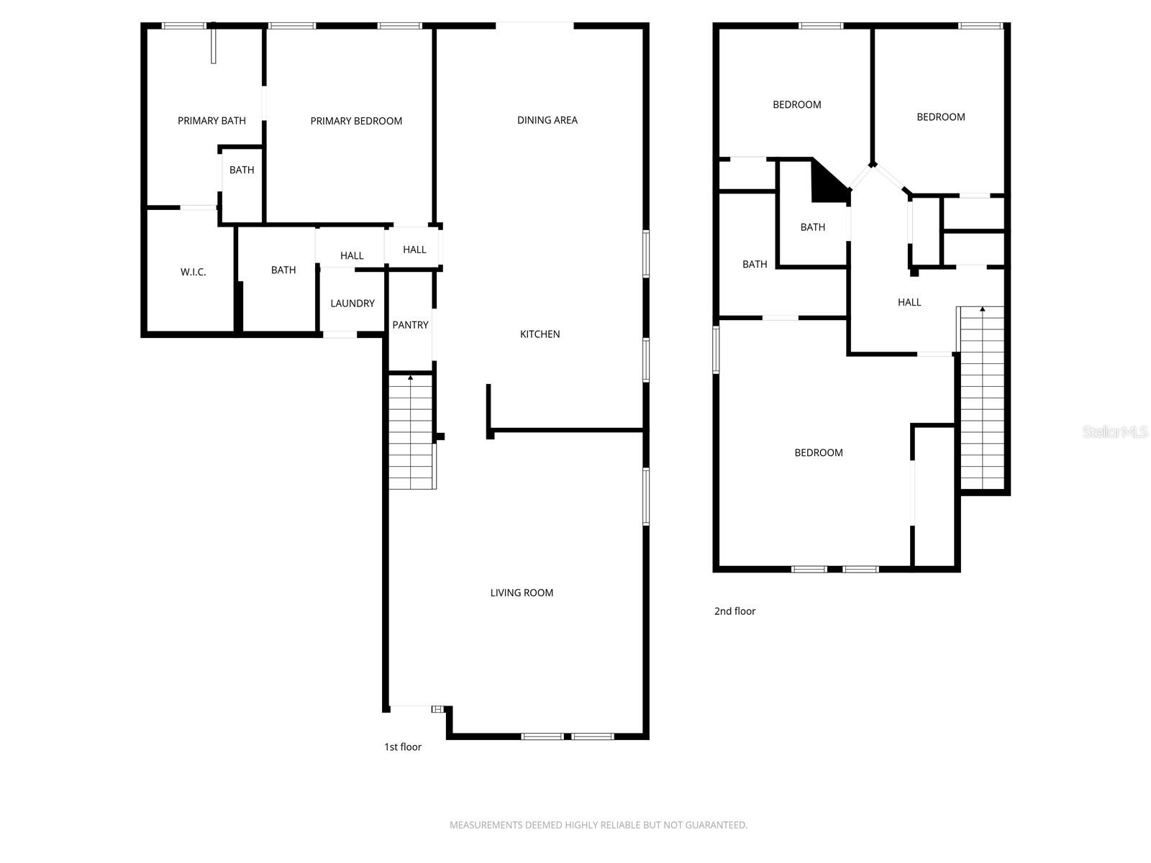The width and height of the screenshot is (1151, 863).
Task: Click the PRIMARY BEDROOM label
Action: point(356,121)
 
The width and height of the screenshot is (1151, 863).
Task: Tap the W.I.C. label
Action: point(193,272)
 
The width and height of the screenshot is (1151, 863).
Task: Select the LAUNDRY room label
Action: point(352,303)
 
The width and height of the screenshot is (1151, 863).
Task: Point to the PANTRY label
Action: point(410,325)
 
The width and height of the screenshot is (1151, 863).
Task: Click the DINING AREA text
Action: point(547,120)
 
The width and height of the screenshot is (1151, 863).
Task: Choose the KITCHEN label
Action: point(540,334)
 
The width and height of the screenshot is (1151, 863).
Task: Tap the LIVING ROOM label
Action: point(522,593)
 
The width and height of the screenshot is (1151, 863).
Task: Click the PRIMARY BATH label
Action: point(211,121)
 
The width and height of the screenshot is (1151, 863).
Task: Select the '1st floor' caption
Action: point(403,746)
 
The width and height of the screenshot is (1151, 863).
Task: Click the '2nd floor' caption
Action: point(734,611)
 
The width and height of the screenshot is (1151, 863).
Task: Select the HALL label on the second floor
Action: point(909,302)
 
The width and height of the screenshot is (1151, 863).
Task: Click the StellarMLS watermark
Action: point(1115,432)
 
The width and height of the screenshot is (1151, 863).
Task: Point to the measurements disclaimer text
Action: point(599,825)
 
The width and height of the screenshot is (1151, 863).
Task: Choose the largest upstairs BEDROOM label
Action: point(819,452)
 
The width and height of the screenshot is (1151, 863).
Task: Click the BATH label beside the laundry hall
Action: point(283,270)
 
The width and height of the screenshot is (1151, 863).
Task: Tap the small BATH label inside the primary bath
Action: point(242,170)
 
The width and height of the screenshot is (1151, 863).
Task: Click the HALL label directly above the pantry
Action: point(414,250)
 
